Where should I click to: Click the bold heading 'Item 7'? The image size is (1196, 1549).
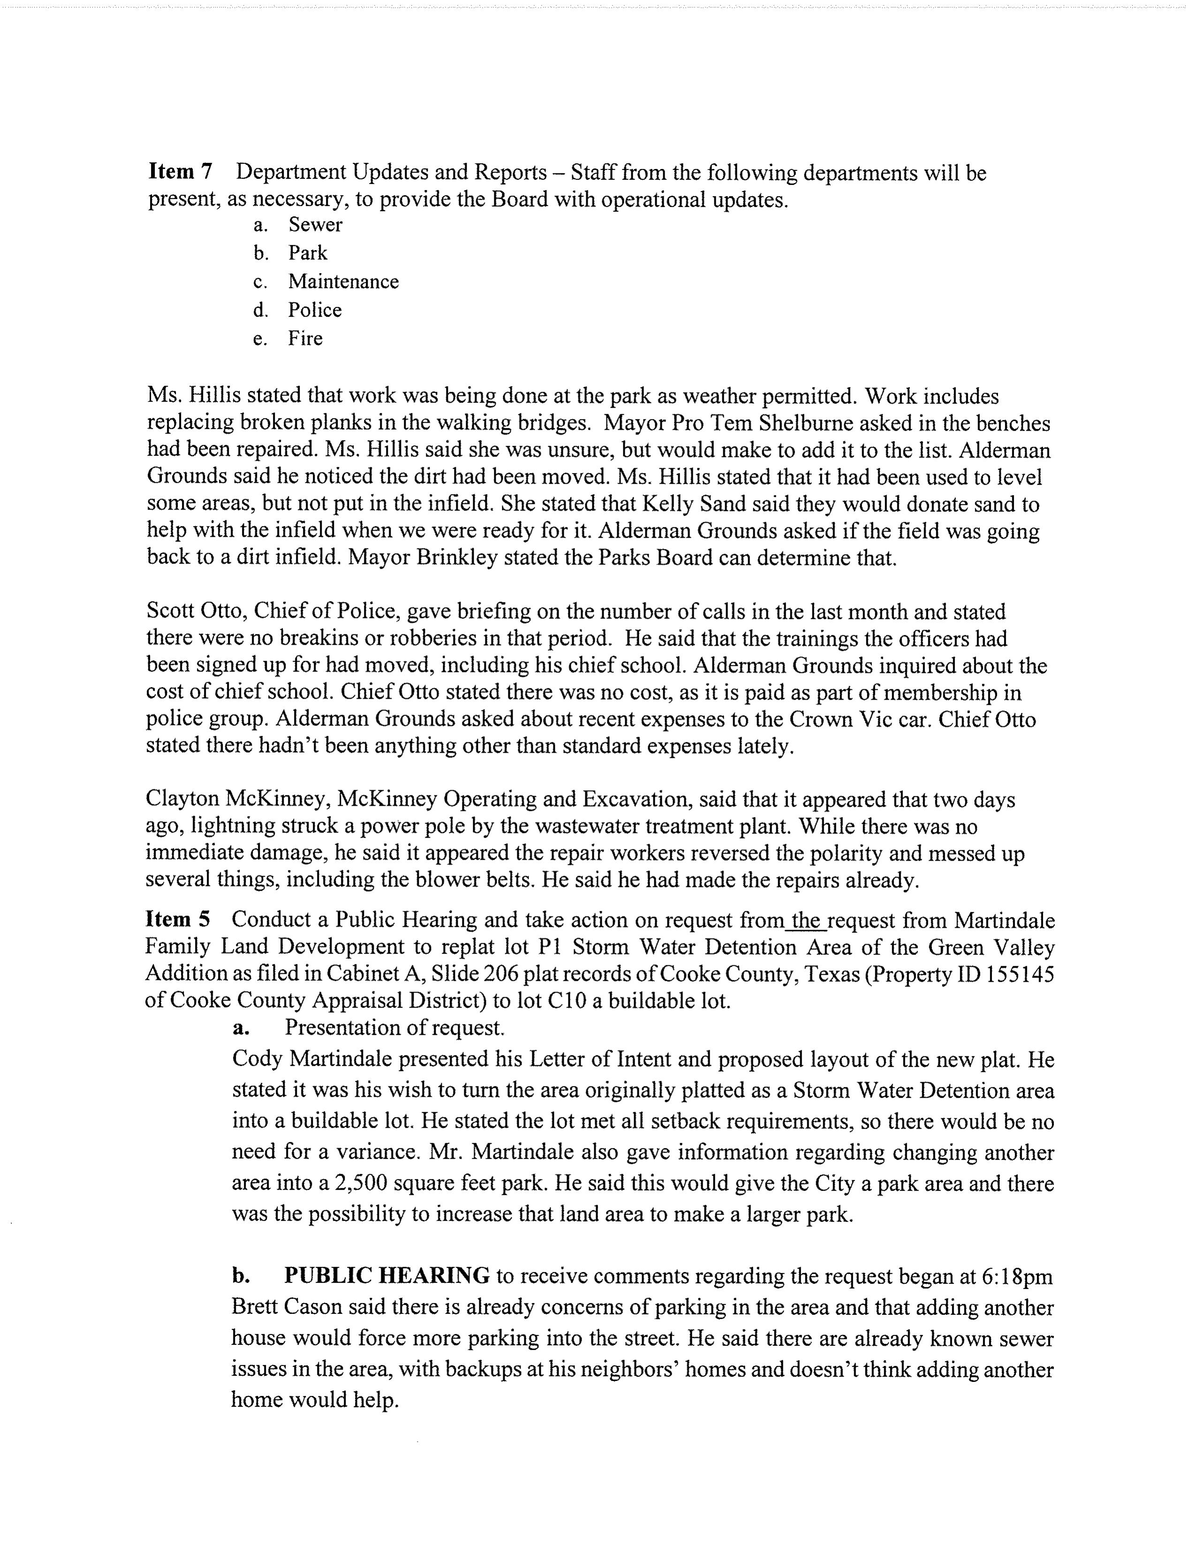tap(180, 172)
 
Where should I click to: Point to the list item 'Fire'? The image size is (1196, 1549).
tap(305, 338)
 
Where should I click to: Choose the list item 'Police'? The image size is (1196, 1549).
tap(314, 310)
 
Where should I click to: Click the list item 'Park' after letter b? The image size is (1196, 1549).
tap(308, 253)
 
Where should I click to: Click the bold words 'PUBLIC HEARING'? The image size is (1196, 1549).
tap(386, 1275)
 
